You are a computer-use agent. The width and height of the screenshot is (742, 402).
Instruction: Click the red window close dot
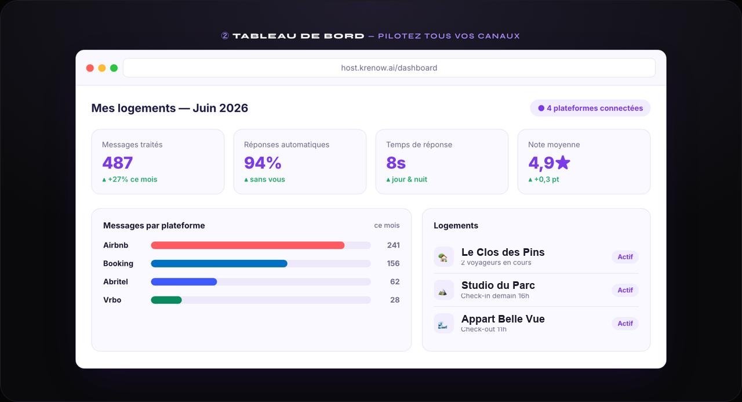tap(90, 68)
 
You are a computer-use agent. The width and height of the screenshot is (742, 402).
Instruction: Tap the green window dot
tap(114, 68)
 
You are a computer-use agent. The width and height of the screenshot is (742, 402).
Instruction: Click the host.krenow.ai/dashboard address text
tap(389, 68)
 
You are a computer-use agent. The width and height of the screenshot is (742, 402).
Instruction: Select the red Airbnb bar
tap(248, 245)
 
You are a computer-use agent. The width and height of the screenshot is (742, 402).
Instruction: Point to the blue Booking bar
tap(219, 263)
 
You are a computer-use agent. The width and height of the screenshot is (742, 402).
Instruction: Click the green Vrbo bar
tap(166, 300)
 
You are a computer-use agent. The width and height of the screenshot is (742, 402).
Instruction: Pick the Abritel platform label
tap(115, 282)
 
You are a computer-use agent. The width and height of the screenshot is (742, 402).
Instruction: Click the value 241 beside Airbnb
tap(393, 245)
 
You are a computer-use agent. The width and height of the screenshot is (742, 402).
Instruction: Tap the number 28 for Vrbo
tap(395, 300)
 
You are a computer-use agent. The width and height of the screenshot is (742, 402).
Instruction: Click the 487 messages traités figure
tap(117, 163)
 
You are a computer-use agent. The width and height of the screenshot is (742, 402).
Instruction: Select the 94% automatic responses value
tap(263, 163)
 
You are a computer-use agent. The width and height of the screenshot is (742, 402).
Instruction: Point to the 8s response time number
tap(396, 163)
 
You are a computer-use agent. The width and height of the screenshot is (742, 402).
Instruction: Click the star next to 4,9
tap(562, 162)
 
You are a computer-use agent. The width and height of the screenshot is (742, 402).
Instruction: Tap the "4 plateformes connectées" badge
tap(590, 108)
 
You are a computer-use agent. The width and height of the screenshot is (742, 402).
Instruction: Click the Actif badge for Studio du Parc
tap(625, 290)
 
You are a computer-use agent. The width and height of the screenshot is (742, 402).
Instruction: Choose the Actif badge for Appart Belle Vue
tap(625, 324)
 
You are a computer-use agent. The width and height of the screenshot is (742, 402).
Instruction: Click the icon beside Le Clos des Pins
tap(443, 257)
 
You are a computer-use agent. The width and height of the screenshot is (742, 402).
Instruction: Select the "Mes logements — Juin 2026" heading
tap(170, 108)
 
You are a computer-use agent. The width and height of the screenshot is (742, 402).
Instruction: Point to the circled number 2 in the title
tap(225, 36)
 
